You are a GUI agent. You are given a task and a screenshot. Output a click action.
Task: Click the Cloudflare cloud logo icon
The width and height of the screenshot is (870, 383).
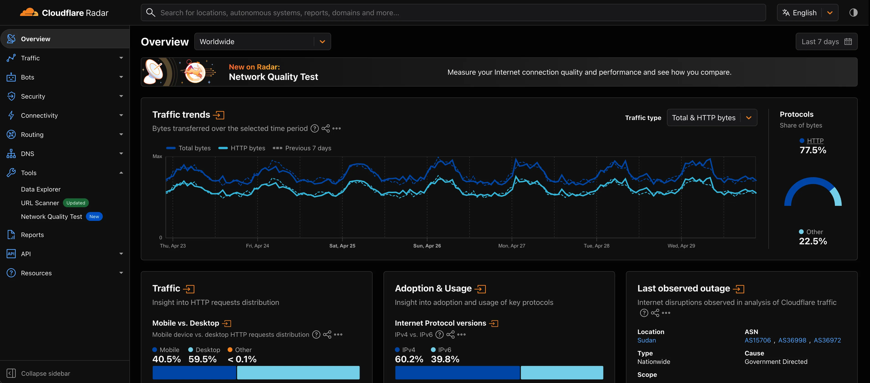(29, 13)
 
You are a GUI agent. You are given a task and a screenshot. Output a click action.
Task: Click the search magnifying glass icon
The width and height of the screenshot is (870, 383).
(150, 13)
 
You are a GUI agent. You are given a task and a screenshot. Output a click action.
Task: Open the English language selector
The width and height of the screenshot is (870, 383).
(807, 13)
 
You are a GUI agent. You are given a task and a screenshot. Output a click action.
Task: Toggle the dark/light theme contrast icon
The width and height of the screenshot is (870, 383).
(853, 13)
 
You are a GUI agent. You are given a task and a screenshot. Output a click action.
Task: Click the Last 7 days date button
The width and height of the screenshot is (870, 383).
(826, 41)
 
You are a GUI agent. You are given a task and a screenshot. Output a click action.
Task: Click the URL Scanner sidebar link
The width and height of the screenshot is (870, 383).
(40, 203)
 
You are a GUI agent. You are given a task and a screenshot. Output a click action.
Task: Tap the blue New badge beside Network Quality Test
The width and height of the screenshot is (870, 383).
(94, 217)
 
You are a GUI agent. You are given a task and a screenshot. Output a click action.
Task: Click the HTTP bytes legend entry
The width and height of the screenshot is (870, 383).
(242, 148)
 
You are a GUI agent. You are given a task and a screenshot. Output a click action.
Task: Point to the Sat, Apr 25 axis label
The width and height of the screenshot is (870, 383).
(342, 246)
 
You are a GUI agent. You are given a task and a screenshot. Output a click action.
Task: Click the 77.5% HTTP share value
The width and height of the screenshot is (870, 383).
(813, 150)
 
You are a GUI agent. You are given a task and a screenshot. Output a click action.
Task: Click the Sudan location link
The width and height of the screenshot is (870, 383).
(646, 340)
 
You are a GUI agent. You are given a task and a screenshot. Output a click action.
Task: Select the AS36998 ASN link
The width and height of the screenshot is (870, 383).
(792, 340)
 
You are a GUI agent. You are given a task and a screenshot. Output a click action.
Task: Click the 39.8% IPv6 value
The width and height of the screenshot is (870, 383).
(445, 359)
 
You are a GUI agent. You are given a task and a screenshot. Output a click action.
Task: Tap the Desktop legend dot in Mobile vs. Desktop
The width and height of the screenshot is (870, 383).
(190, 350)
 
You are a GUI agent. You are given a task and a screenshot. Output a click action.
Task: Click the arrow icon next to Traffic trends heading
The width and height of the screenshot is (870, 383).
(219, 115)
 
